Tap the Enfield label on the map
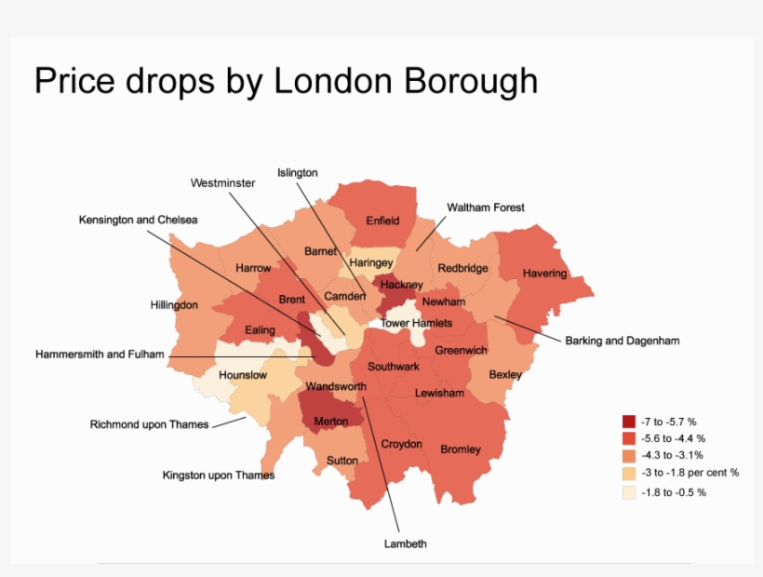pyautogui.click(x=382, y=221)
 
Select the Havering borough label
pyautogui.click(x=544, y=274)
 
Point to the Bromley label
pyautogui.click(x=461, y=450)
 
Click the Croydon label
pyautogui.click(x=402, y=444)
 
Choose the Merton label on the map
pyautogui.click(x=331, y=422)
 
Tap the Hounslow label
pyautogui.click(x=243, y=375)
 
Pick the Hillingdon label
pyautogui.click(x=174, y=304)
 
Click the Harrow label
pyautogui.click(x=253, y=268)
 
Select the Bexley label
pyautogui.click(x=506, y=374)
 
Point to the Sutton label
pyautogui.click(x=342, y=461)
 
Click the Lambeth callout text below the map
pyautogui.click(x=405, y=543)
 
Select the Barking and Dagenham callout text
pyautogui.click(x=622, y=341)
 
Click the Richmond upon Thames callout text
pyautogui.click(x=150, y=424)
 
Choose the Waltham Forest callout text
pyautogui.click(x=486, y=208)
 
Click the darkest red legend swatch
pyautogui.click(x=630, y=421)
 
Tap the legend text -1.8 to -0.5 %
pyautogui.click(x=674, y=491)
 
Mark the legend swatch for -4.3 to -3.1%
pyautogui.click(x=630, y=456)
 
